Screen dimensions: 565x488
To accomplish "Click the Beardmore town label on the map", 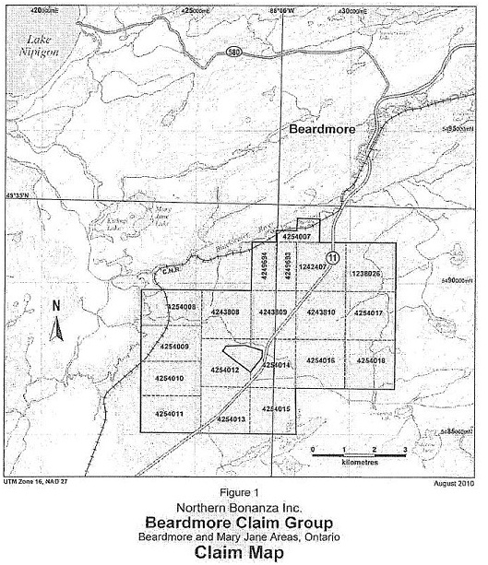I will click(326, 130).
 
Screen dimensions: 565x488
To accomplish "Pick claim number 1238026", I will click(366, 274).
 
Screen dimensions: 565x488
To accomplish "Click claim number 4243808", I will click(223, 312).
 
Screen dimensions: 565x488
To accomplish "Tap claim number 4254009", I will click(173, 347).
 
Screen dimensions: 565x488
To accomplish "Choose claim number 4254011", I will click(170, 413).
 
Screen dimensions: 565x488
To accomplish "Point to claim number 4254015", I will click(276, 408).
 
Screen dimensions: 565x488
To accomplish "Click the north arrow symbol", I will click(56, 323).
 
